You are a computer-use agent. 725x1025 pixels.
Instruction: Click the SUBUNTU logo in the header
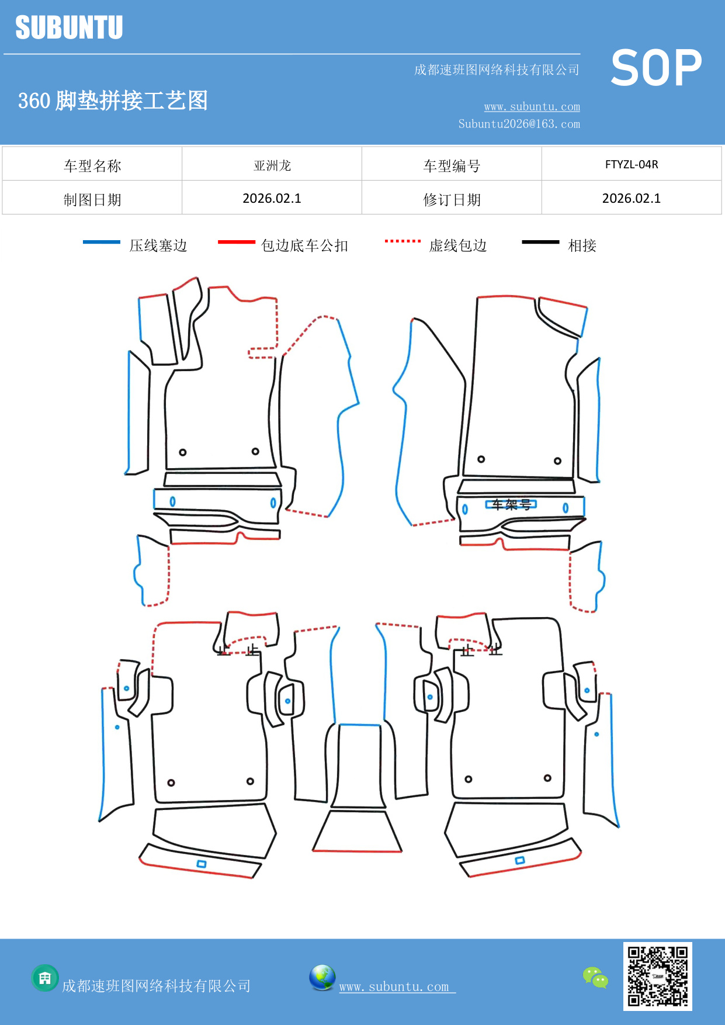(x=69, y=27)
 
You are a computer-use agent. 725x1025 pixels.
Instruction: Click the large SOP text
(x=656, y=68)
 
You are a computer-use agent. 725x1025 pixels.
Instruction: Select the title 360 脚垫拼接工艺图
(x=113, y=101)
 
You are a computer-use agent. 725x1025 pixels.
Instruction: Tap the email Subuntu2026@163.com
(x=519, y=124)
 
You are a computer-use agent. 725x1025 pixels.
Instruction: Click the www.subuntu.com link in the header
(x=532, y=106)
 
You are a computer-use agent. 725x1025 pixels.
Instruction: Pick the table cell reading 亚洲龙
(x=272, y=165)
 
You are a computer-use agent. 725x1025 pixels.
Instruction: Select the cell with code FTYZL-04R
(x=631, y=165)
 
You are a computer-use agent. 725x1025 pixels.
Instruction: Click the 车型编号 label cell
(x=452, y=166)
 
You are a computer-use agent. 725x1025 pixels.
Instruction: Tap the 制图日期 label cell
(x=92, y=200)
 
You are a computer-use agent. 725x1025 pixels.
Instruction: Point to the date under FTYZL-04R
(x=631, y=199)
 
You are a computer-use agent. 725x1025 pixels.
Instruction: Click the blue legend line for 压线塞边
(x=102, y=242)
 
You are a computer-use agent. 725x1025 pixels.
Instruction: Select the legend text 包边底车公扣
(x=304, y=245)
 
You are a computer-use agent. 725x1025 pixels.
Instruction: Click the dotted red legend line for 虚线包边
(x=403, y=241)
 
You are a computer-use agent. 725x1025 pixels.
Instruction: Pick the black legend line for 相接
(x=540, y=242)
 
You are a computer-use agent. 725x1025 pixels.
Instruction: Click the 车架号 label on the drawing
(x=511, y=504)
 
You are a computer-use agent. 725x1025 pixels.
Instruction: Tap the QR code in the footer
(x=657, y=976)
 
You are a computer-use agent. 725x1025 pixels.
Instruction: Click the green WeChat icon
(x=595, y=977)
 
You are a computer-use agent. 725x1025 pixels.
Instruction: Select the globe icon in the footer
(x=322, y=978)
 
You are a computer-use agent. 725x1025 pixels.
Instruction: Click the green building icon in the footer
(x=45, y=978)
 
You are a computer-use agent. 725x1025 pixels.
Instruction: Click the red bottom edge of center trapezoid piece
(x=357, y=851)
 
